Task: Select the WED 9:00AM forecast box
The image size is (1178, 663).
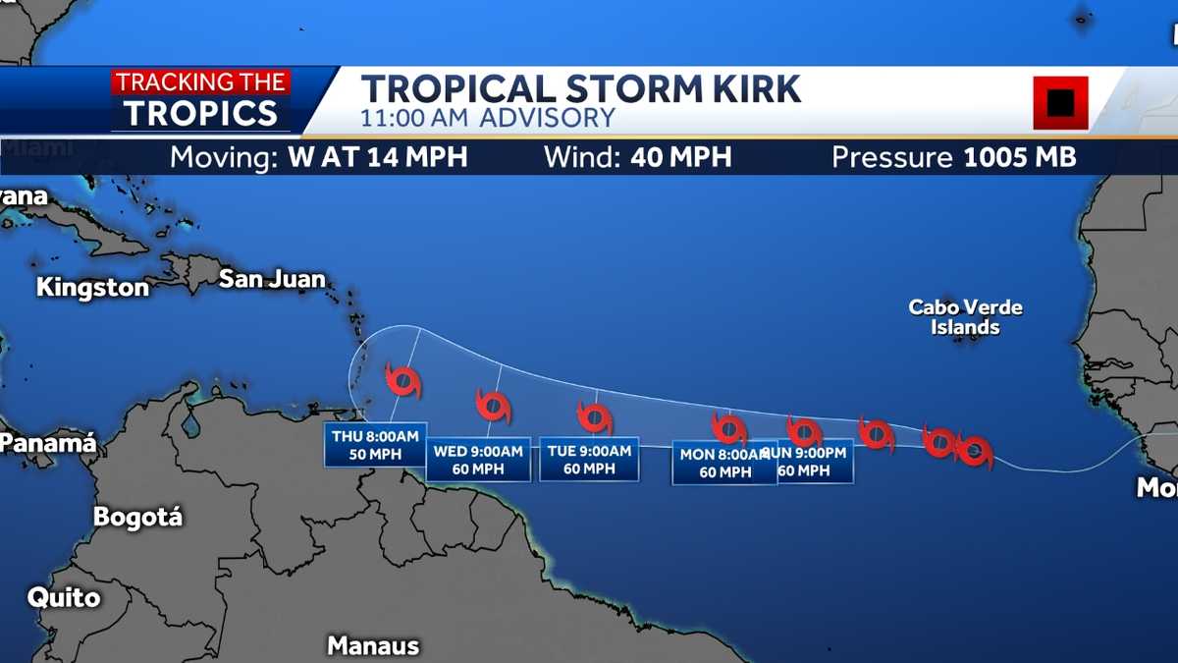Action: coord(478,460)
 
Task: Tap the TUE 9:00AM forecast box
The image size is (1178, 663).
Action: coord(589,460)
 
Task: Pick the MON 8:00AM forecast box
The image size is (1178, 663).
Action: coord(723,463)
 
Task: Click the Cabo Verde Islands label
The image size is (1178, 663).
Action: coord(965,317)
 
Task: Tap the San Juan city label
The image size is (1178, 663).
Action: coord(272,279)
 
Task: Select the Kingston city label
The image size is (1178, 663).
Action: coord(93,288)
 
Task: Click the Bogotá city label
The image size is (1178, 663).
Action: coord(137,517)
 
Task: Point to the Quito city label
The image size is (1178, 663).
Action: coord(64,597)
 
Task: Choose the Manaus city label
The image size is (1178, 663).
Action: coord(373,645)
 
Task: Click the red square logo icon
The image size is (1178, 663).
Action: coord(1060,102)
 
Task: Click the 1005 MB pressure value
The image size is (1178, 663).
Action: coord(1020,157)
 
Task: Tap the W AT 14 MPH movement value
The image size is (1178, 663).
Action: coord(378,157)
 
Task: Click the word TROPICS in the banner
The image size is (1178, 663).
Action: coord(201,113)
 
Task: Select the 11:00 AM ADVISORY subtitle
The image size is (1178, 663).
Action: coord(488,118)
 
